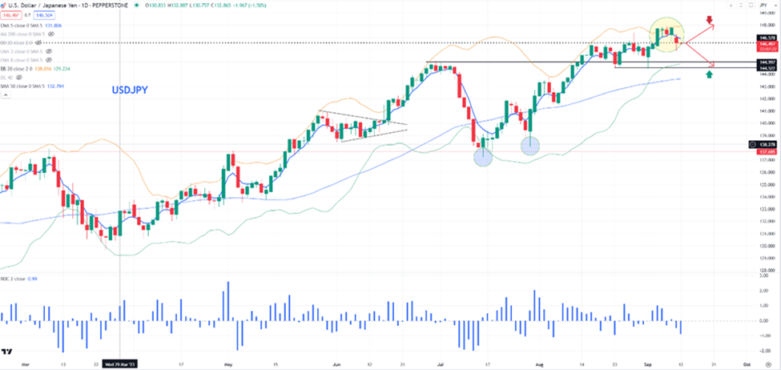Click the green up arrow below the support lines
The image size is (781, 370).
708,74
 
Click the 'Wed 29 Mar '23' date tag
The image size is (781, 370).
120,363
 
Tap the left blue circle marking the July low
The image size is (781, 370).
482,157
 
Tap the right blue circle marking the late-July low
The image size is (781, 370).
530,145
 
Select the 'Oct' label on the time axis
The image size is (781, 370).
746,363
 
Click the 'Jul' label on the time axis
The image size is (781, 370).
440,363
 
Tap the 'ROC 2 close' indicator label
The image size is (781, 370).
16,279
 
